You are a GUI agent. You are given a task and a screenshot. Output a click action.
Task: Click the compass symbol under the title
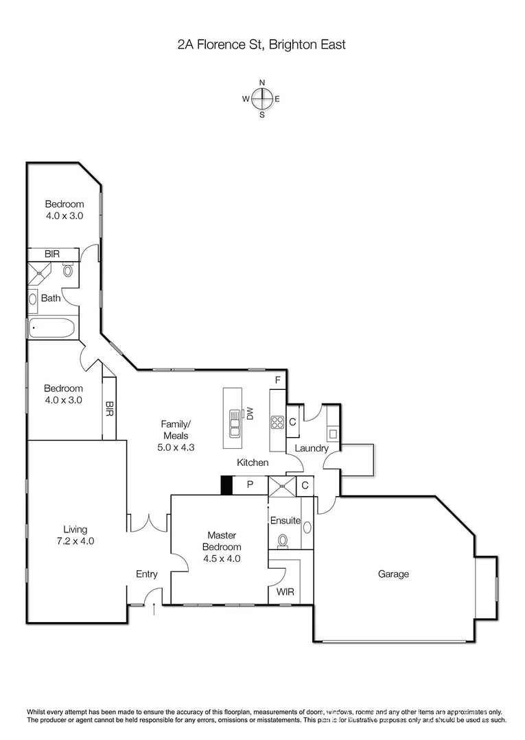coord(261,99)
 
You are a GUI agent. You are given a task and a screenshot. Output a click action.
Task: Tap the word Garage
coord(393,574)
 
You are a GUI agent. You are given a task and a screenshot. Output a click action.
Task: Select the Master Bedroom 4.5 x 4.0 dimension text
coord(221,558)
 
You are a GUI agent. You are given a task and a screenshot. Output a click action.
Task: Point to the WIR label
coord(285,591)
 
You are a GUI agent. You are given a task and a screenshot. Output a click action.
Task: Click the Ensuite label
coord(285,520)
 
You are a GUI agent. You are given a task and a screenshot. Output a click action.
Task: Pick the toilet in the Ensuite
coord(282,541)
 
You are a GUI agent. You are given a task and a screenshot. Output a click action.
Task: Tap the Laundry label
coord(312,449)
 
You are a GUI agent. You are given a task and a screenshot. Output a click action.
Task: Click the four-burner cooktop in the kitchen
coord(277,423)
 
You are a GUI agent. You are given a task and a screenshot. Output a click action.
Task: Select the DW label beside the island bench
coord(250,413)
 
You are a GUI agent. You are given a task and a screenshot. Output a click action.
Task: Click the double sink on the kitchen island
coord(234,423)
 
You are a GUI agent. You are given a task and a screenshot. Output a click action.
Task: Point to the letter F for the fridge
coord(278,380)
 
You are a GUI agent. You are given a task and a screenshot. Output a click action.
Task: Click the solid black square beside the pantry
coord(226,485)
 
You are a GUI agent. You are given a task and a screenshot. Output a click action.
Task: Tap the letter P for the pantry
coord(250,485)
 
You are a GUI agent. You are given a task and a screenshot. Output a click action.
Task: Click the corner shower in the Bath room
coord(39,272)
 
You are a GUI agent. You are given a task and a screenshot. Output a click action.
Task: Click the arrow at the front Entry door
coord(153,608)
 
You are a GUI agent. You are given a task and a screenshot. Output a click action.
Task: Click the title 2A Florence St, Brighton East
coord(261,45)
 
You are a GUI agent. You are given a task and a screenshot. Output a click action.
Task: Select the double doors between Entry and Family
coord(149,522)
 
